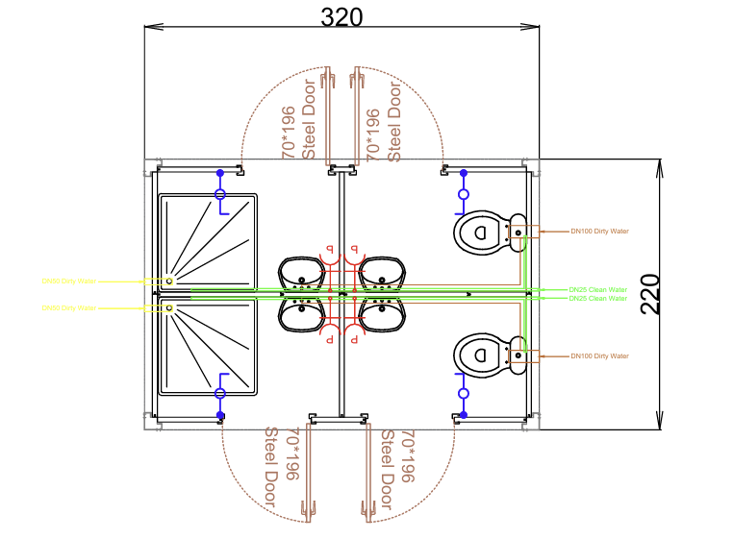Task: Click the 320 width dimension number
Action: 341,16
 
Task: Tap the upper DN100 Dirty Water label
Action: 599,231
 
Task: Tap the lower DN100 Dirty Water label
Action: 599,356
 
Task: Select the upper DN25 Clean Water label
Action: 597,289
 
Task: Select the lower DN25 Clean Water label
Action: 597,299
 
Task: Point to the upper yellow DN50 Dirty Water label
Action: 68,282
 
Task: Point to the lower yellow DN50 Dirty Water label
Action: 68,308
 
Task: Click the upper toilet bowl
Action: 481,232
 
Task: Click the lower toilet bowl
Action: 481,355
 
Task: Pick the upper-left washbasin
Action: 301,273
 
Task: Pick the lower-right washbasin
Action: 383,314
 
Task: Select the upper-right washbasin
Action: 383,273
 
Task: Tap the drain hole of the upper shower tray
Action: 169,282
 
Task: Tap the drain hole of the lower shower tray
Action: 169,308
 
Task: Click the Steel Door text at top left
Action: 309,120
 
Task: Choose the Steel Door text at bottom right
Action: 387,469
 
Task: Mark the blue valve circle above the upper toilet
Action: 463,194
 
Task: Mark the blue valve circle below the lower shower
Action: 220,393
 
